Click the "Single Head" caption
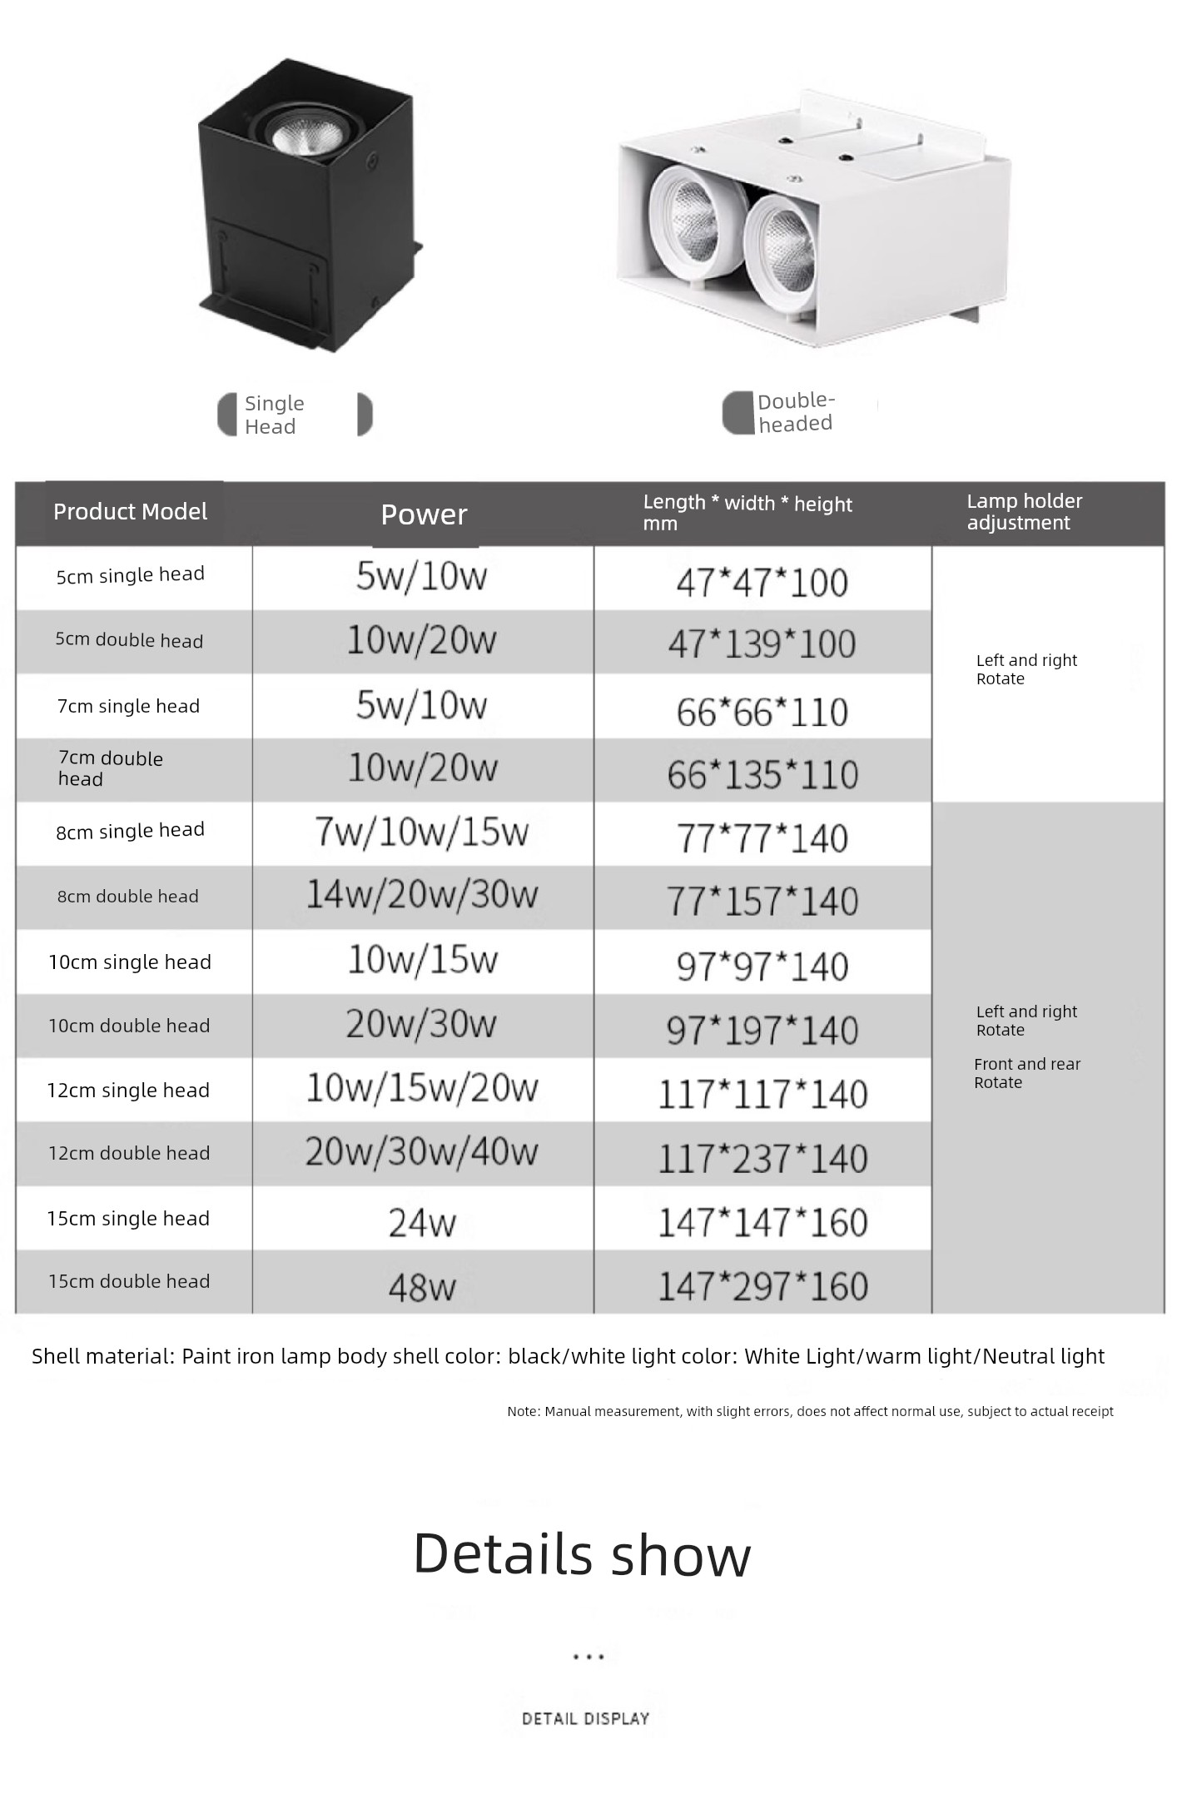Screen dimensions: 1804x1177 [x=274, y=415]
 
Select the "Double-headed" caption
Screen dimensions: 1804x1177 [x=795, y=412]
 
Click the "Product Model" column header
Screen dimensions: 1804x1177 [x=130, y=512]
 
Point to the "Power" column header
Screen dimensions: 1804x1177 [x=424, y=514]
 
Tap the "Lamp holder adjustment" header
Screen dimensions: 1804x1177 [x=1024, y=512]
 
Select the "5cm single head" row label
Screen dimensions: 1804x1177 [x=130, y=575]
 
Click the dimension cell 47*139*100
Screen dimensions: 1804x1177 [x=762, y=644]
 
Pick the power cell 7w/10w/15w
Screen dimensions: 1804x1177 [x=421, y=832]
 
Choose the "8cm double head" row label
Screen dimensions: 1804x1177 [x=128, y=897]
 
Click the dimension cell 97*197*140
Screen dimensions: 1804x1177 [x=762, y=1030]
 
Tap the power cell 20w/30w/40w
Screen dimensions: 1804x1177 [x=421, y=1151]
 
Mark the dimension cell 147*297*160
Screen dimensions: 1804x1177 [x=762, y=1285]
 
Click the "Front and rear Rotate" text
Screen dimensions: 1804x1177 [x=1026, y=1073]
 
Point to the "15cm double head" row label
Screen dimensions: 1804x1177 [x=129, y=1281]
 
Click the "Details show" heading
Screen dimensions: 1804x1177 [x=582, y=1554]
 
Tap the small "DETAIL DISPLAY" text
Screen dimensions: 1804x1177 [x=585, y=1718]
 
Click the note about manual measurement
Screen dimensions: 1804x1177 [x=810, y=1411]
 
